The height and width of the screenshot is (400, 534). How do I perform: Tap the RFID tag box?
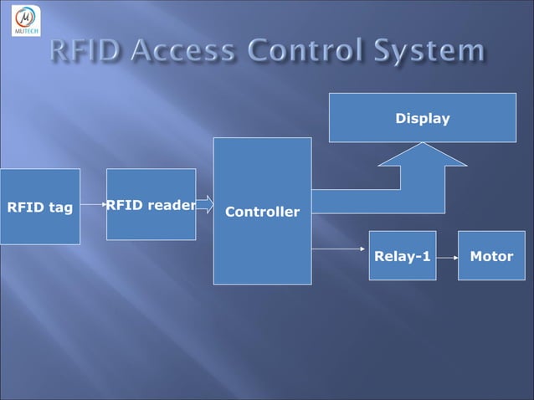[40, 207]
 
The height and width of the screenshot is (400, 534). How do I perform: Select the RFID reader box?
[151, 204]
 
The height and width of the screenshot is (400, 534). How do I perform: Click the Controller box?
[262, 211]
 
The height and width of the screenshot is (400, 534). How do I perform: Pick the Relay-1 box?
[403, 255]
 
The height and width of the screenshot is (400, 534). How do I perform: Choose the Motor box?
[491, 255]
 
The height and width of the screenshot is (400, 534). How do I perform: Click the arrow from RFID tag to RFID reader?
[94, 203]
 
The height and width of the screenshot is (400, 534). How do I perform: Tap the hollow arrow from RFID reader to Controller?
[204, 204]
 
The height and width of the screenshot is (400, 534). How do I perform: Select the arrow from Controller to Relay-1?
[340, 249]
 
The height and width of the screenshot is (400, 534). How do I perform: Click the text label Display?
[423, 119]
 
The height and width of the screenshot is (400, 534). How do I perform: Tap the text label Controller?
[262, 213]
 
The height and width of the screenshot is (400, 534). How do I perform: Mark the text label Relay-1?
[403, 256]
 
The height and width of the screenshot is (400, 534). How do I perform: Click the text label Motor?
[491, 256]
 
